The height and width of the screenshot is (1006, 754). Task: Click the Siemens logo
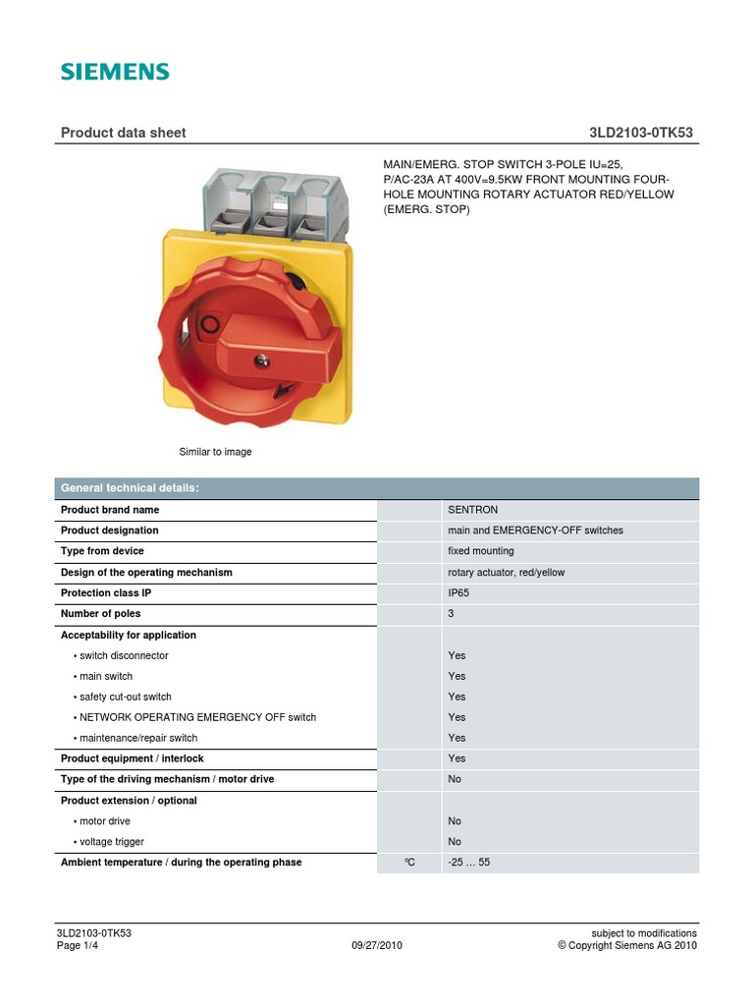click(115, 72)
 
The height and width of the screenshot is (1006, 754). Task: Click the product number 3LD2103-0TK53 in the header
click(644, 133)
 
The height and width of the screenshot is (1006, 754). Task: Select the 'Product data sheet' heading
click(123, 133)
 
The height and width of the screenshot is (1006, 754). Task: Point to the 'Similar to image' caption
click(215, 452)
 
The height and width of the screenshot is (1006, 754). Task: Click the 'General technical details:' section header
click(130, 488)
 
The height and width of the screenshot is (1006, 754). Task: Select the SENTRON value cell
click(472, 510)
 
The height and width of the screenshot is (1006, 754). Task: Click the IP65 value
click(460, 592)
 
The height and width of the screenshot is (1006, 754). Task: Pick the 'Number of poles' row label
click(100, 613)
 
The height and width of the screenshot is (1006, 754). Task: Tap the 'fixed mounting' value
click(481, 551)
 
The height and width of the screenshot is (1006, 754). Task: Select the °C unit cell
click(409, 863)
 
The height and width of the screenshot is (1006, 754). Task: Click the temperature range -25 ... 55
click(468, 863)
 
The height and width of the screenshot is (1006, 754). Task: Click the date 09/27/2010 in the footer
click(377, 946)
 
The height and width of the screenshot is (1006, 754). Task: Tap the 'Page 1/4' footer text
click(81, 946)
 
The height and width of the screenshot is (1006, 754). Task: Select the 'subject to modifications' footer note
click(644, 933)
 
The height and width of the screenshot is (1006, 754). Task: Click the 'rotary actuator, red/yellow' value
click(506, 572)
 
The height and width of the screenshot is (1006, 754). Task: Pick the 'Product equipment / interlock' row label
click(133, 758)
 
